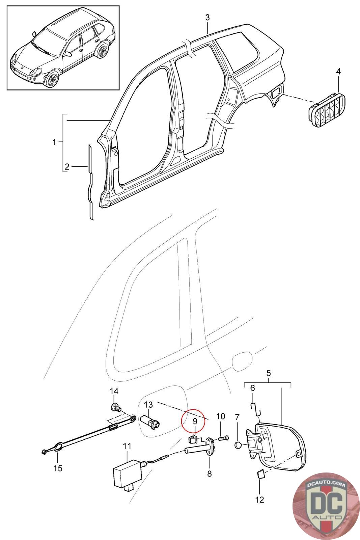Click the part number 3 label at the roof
[207, 17]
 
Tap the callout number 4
[338, 72]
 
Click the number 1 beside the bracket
[54, 142]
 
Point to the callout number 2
[67, 166]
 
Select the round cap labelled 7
[238, 446]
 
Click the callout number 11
[127, 446]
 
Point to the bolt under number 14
[115, 408]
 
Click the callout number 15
[58, 468]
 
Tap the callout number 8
[209, 474]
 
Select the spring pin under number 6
[255, 409]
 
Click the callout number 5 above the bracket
[268, 373]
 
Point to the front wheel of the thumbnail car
[52, 79]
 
